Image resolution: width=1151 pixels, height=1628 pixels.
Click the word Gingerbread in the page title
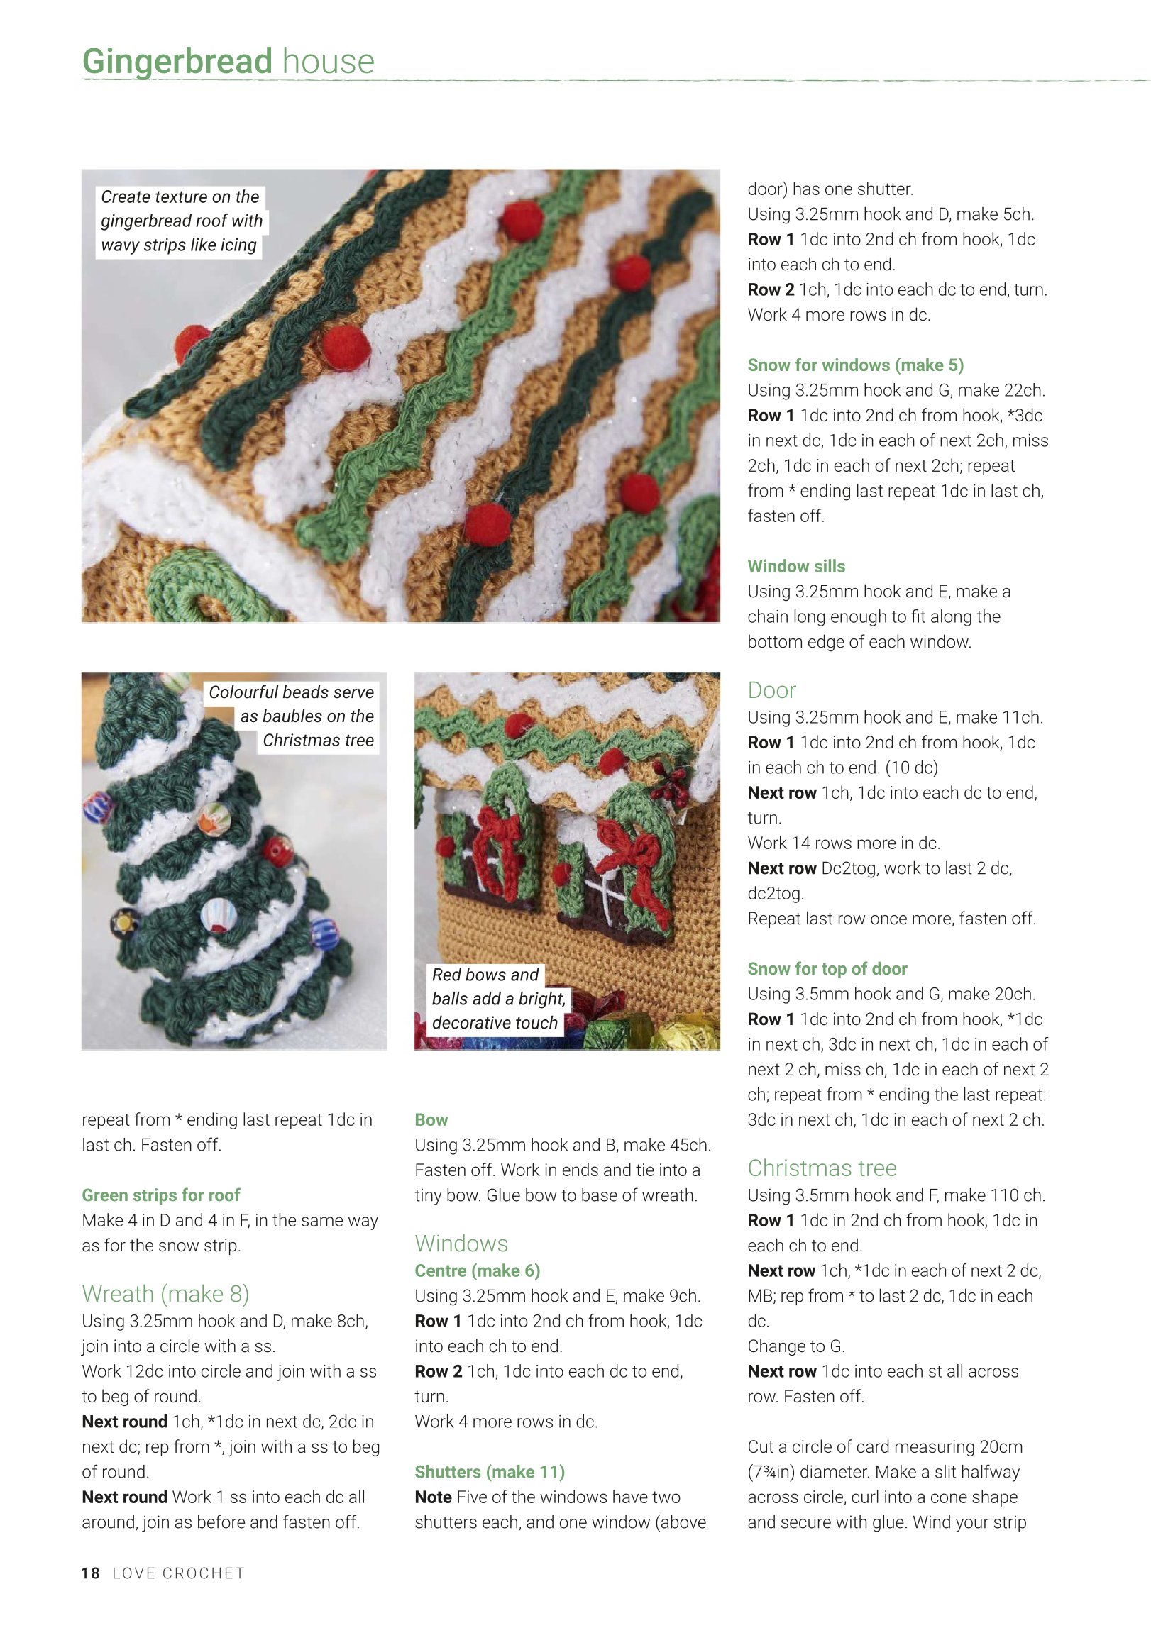177,62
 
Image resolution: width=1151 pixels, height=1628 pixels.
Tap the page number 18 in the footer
91,1573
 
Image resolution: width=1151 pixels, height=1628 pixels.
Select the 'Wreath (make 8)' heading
165,1294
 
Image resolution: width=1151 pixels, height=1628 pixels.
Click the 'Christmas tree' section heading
822,1168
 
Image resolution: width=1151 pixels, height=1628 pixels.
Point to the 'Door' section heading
771,690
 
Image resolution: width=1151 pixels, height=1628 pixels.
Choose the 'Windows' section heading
461,1244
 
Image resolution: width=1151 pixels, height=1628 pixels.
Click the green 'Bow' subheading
431,1119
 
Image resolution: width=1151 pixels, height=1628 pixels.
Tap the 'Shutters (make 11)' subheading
490,1472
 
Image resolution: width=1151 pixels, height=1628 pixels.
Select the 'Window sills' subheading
796,566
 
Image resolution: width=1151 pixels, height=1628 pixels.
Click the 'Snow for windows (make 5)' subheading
855,365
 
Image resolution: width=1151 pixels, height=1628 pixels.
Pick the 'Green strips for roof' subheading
161,1195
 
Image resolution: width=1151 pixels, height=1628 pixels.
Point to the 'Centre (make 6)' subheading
478,1270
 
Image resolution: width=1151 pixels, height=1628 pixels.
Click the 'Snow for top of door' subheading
827,968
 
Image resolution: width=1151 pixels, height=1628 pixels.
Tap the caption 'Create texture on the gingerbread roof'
181,221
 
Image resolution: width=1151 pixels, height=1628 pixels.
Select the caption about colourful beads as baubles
291,716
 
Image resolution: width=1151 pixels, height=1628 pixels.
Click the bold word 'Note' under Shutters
434,1497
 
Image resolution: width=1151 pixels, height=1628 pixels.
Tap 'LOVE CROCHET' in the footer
179,1573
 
